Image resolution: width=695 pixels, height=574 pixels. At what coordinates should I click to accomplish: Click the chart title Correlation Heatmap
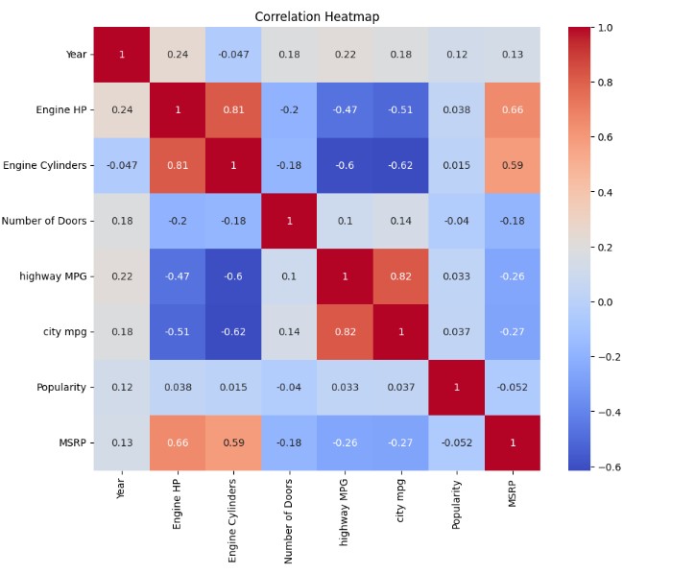tap(316, 16)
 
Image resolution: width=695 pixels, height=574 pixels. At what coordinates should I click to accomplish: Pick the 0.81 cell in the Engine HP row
tap(233, 109)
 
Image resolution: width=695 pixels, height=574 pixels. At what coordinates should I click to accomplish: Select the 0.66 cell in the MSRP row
tap(178, 442)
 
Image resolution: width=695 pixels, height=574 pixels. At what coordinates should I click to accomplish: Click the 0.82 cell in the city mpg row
tap(345, 332)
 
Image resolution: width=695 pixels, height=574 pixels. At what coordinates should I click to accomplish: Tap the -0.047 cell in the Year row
tap(233, 54)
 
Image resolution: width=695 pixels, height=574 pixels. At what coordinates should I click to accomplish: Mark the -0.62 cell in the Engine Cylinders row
tap(400, 165)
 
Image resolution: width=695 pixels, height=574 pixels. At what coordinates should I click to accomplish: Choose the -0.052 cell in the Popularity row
tap(512, 387)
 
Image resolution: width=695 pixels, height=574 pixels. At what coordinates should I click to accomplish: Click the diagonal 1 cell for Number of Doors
tap(289, 221)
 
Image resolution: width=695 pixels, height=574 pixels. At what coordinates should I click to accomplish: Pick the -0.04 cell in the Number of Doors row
tap(456, 221)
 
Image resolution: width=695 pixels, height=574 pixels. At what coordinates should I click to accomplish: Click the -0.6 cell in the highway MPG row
tap(233, 276)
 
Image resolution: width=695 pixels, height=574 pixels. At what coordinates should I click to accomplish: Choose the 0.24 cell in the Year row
tap(178, 54)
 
